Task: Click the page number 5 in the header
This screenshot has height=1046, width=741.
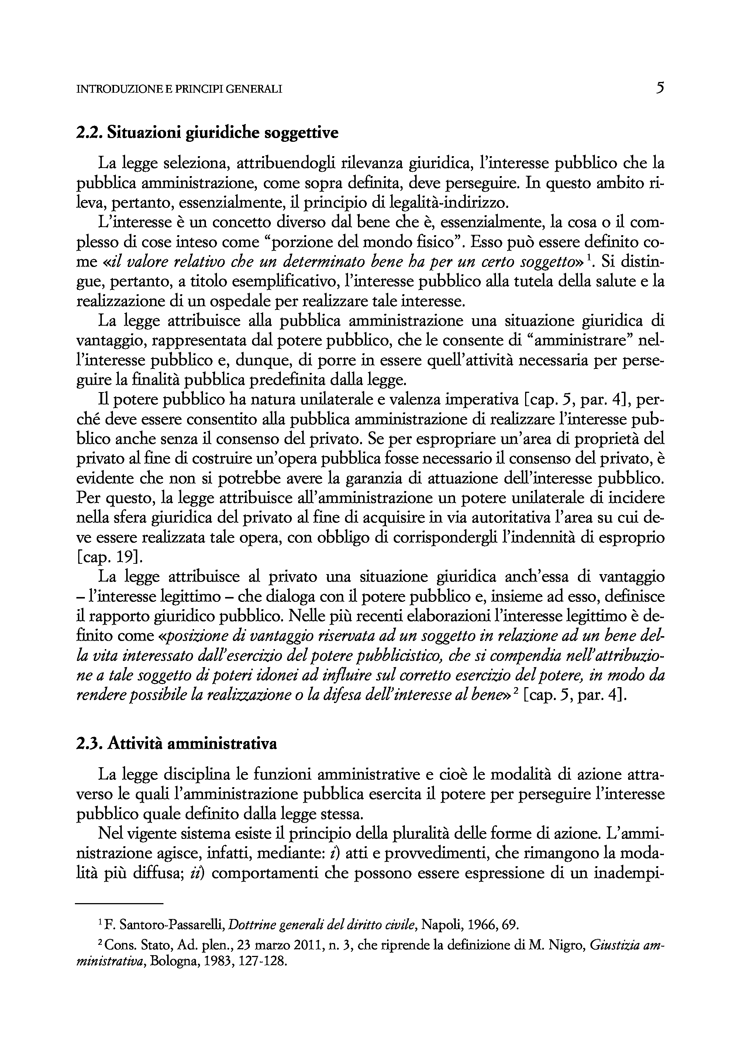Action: (x=659, y=88)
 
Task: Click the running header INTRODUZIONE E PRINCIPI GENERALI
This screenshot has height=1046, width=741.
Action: (x=179, y=89)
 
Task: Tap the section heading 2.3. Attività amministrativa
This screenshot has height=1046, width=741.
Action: (x=177, y=745)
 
